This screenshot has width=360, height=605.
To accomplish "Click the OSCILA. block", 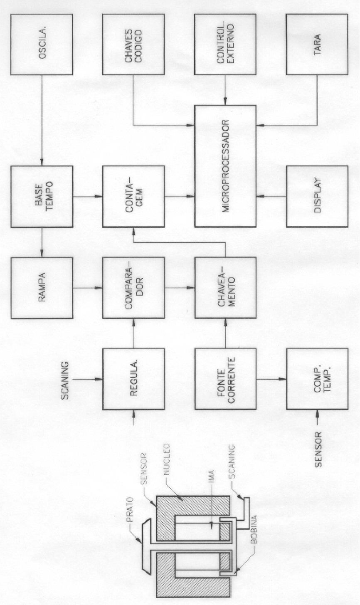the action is [42, 44].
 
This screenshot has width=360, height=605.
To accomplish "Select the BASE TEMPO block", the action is [42, 196].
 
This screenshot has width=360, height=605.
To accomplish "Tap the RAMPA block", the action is [42, 288].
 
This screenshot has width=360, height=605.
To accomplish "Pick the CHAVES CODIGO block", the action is [133, 44].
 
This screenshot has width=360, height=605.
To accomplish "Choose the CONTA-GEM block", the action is [133, 196].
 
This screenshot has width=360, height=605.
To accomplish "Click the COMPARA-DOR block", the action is [133, 288].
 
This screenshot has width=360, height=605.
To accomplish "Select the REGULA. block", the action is [133, 379].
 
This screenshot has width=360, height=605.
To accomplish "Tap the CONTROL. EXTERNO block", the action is [225, 44].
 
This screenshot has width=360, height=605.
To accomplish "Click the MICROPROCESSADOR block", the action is [225, 166].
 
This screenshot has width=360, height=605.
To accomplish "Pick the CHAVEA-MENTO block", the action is [225, 288].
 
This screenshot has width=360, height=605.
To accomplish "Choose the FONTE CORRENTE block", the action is [225, 379].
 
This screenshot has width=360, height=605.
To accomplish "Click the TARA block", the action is [317, 44].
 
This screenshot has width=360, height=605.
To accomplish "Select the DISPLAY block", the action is [317, 196].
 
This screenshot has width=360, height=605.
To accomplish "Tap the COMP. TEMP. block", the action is [317, 379].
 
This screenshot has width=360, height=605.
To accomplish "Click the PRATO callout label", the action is [131, 509].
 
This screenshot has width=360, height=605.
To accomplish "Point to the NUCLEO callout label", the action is [166, 459].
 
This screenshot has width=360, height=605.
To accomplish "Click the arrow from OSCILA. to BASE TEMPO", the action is [42, 121].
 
